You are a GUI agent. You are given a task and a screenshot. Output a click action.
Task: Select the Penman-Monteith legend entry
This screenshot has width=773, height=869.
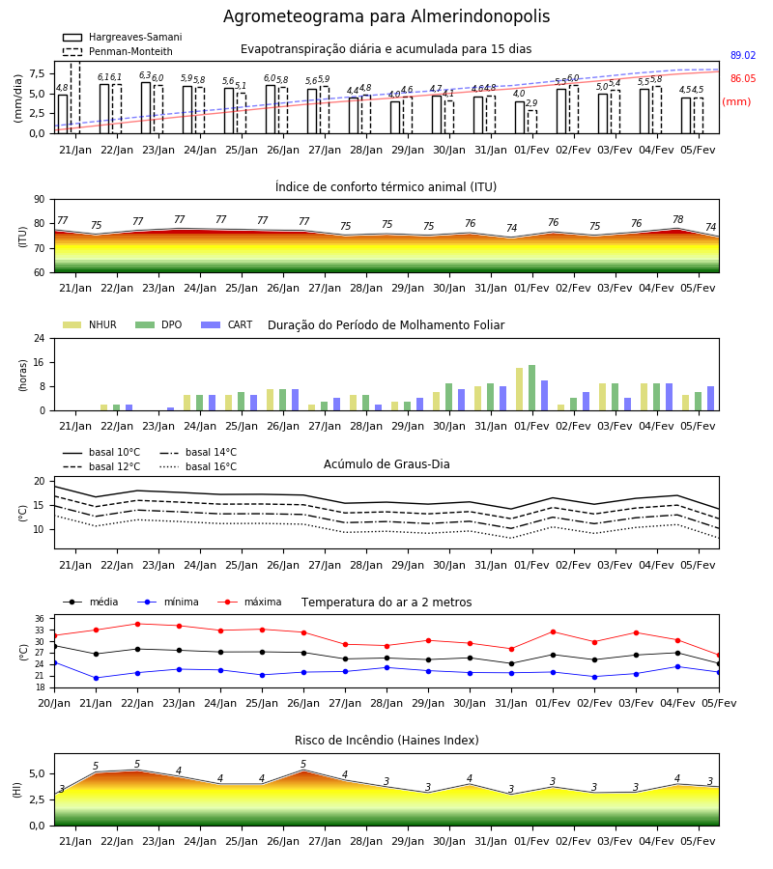click(118, 51)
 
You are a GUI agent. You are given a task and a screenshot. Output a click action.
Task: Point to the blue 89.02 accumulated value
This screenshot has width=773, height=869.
click(743, 55)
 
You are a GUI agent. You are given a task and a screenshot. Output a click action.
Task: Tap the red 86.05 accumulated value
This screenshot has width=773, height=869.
click(743, 79)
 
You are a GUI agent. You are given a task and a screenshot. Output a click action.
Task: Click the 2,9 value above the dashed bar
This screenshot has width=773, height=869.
click(531, 103)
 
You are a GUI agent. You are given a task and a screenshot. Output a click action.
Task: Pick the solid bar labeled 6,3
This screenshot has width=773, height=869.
click(146, 108)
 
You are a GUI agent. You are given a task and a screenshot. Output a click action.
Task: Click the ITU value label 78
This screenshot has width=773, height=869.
click(677, 219)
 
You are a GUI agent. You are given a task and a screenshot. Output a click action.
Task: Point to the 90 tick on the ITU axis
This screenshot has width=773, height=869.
click(40, 200)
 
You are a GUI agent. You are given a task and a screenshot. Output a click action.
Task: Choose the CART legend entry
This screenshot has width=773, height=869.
click(227, 324)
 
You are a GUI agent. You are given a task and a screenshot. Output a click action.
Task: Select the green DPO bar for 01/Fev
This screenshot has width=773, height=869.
click(531, 388)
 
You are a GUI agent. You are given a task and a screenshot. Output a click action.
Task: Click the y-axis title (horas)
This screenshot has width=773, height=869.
click(23, 376)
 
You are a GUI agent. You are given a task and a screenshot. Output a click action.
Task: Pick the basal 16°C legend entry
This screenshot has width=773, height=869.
click(198, 466)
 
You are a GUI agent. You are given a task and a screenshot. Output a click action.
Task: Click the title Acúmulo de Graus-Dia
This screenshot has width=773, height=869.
click(386, 464)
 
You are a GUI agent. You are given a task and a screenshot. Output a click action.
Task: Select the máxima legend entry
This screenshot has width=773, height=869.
click(250, 602)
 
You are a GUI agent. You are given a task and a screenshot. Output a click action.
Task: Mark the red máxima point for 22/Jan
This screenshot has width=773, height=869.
click(137, 624)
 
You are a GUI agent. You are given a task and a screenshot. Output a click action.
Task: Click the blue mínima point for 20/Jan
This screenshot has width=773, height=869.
click(55, 662)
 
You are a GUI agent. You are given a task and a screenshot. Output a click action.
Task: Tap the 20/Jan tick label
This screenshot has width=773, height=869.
click(54, 703)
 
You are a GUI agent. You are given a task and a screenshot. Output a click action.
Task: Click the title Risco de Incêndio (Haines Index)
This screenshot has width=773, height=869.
click(386, 741)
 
